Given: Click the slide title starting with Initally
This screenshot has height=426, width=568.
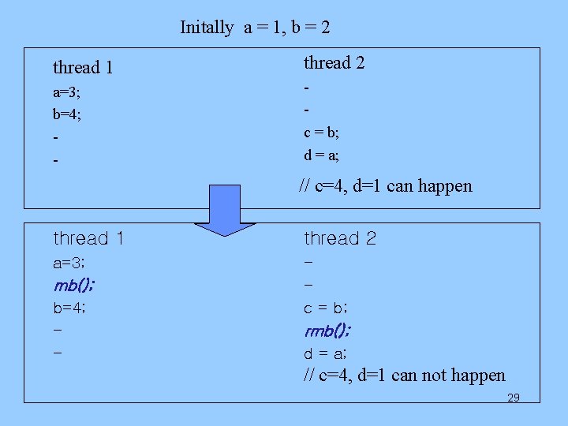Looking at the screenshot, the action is (255, 28).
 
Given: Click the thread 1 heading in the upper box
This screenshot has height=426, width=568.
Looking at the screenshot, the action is (83, 68).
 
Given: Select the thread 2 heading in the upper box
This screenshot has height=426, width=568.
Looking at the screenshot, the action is (334, 62).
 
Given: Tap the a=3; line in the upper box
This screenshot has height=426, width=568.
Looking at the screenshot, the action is (66, 93).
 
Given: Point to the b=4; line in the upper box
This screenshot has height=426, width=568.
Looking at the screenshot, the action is (67, 114).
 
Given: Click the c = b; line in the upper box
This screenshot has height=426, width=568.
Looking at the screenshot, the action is (322, 132).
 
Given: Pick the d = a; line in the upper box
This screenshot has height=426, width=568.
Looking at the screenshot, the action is (322, 155).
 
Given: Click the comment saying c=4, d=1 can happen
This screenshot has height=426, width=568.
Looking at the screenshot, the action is (386, 186).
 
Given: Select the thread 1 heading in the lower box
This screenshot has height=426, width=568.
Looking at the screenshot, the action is (88, 238).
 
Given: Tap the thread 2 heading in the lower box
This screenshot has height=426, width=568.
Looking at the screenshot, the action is (340, 238).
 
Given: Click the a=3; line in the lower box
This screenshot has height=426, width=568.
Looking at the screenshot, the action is (69, 263).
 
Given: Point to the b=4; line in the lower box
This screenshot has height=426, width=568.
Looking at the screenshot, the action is (69, 308).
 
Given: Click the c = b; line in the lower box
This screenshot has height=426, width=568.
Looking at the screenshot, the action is (327, 308).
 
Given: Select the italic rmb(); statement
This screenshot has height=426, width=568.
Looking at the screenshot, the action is (328, 330).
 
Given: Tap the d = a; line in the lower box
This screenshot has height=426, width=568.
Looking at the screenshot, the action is (327, 353).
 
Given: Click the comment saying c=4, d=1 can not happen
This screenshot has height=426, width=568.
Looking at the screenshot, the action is (404, 376).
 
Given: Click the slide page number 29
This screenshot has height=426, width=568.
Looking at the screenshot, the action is (513, 398).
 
